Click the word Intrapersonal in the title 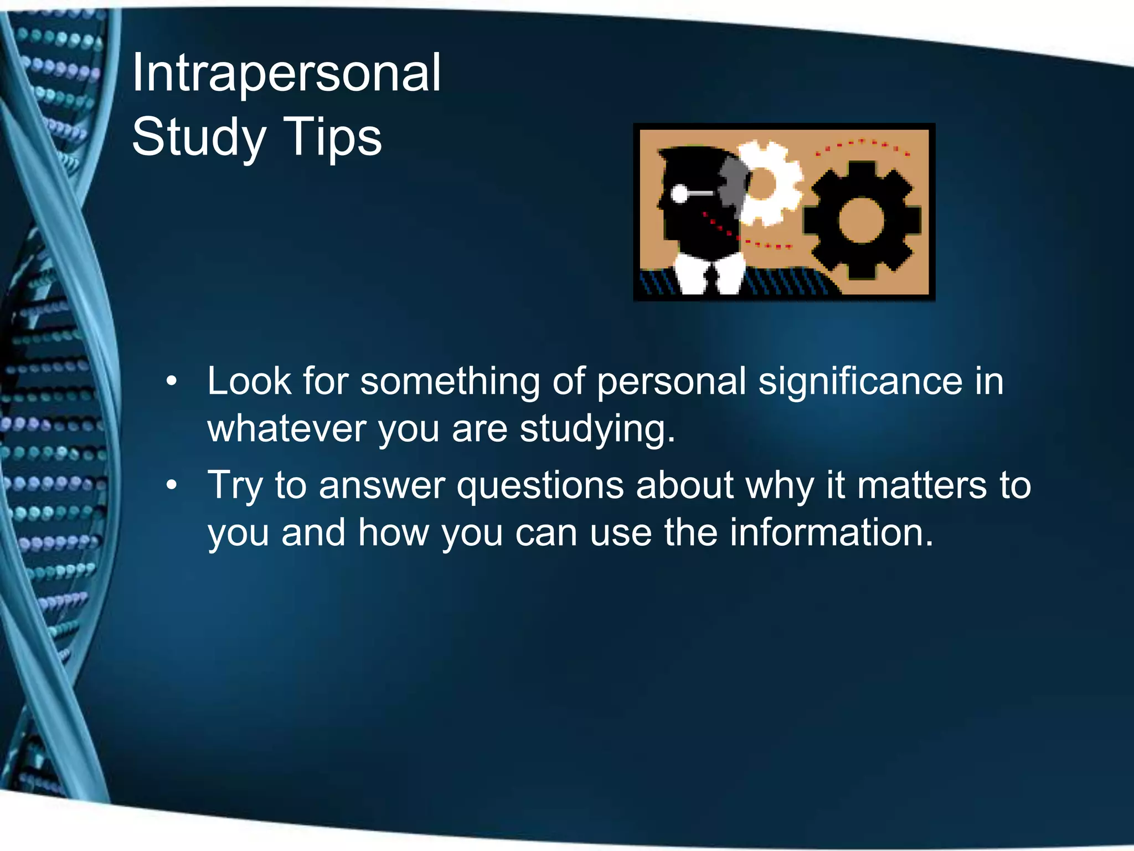286,74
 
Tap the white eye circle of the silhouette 679,194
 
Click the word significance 860,382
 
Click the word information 831,532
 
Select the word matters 922,485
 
